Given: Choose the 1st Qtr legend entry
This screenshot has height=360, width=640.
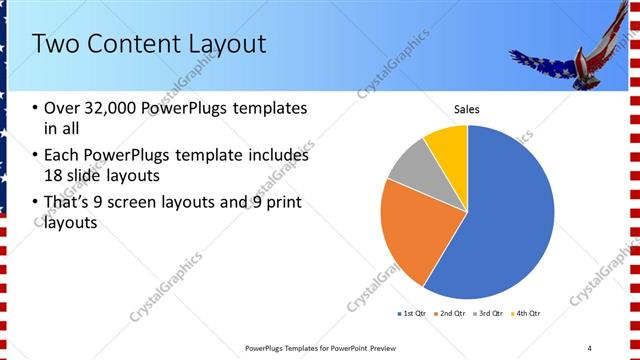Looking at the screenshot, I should click(412, 314).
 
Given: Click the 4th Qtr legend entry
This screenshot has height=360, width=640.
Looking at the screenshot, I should click(526, 314).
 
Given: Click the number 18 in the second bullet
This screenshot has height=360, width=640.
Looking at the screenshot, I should click(54, 175).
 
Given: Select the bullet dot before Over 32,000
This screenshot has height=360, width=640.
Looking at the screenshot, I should click(36, 108).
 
